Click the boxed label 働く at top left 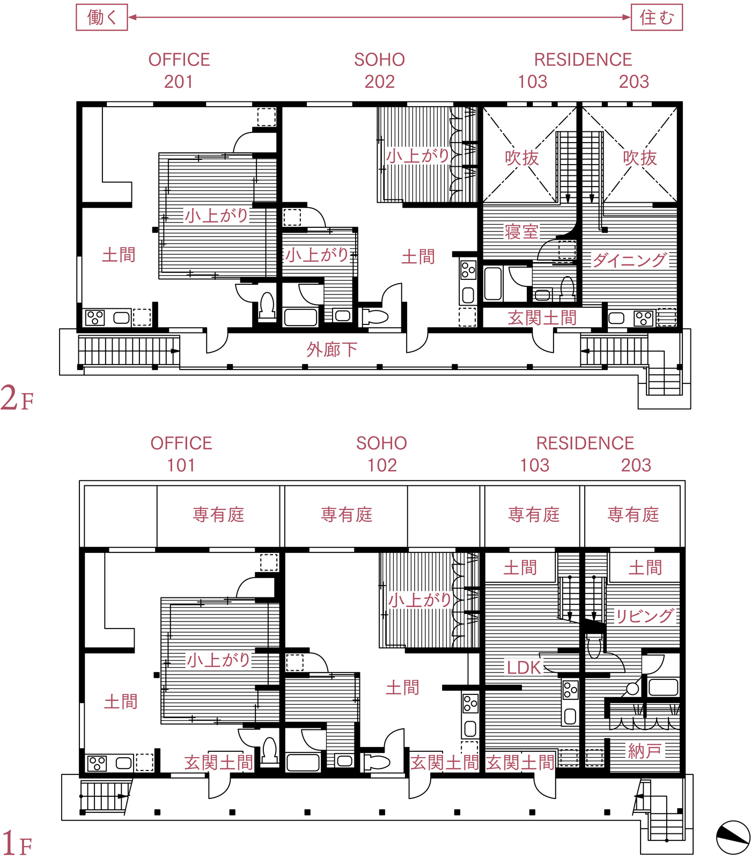click(x=102, y=17)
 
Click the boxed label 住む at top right click(x=657, y=17)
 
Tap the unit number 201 click(x=179, y=82)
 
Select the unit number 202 click(x=380, y=82)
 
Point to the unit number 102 click(x=382, y=465)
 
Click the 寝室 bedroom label click(x=521, y=232)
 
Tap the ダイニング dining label click(x=630, y=260)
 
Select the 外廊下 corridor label click(x=332, y=350)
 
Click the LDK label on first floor click(x=524, y=668)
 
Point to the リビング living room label click(x=644, y=616)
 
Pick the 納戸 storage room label click(x=645, y=751)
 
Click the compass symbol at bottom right click(x=733, y=837)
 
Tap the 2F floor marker click(x=17, y=398)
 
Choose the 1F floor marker click(x=17, y=842)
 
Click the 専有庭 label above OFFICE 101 click(x=219, y=515)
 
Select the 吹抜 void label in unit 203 click(x=640, y=158)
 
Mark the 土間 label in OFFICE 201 click(x=119, y=255)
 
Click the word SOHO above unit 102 click(x=382, y=443)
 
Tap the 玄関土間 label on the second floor click(x=542, y=318)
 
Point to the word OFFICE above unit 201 click(x=179, y=60)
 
